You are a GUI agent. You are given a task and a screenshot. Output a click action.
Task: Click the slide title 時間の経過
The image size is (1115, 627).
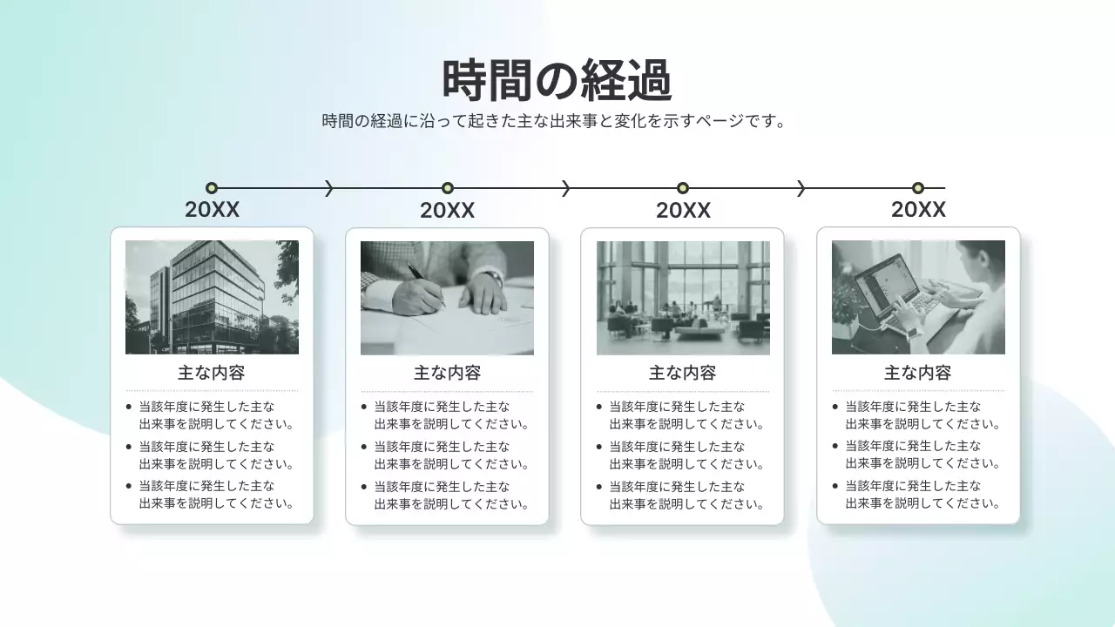point(557,81)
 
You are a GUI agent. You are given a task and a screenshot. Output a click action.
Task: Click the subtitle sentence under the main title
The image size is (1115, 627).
point(555,121)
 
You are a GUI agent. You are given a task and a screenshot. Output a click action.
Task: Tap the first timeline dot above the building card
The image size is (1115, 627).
point(212,188)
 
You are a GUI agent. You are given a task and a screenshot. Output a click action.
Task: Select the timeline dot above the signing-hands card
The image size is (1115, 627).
point(448,188)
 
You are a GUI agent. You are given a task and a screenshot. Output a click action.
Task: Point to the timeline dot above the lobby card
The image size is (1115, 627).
point(683,188)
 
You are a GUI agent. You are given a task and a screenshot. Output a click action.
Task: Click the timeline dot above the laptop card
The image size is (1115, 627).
point(917,188)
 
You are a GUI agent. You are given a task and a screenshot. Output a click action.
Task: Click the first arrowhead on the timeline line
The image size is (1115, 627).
point(329,188)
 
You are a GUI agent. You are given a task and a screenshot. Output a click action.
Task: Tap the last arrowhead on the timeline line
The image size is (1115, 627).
point(801,188)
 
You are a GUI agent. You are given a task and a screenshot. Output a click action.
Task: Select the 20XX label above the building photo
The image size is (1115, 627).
point(212,211)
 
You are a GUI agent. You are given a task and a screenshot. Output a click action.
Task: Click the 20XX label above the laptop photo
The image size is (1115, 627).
point(918,211)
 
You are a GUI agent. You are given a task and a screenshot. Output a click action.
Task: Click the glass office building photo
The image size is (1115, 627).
point(212,297)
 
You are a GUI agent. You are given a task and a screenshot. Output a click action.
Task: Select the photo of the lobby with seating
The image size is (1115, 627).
point(683,297)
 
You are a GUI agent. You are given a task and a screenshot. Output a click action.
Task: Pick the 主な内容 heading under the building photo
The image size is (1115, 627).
point(212,373)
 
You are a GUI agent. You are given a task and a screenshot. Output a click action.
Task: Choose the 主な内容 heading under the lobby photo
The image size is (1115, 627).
point(683,373)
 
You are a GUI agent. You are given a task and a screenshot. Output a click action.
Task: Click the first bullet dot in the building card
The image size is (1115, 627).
point(129,407)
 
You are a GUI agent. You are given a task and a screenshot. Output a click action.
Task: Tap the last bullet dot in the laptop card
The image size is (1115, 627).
point(835,486)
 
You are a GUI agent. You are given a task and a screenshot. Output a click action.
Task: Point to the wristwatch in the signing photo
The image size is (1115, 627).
point(494,278)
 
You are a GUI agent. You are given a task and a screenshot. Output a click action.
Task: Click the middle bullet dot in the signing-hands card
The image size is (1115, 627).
point(364,447)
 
